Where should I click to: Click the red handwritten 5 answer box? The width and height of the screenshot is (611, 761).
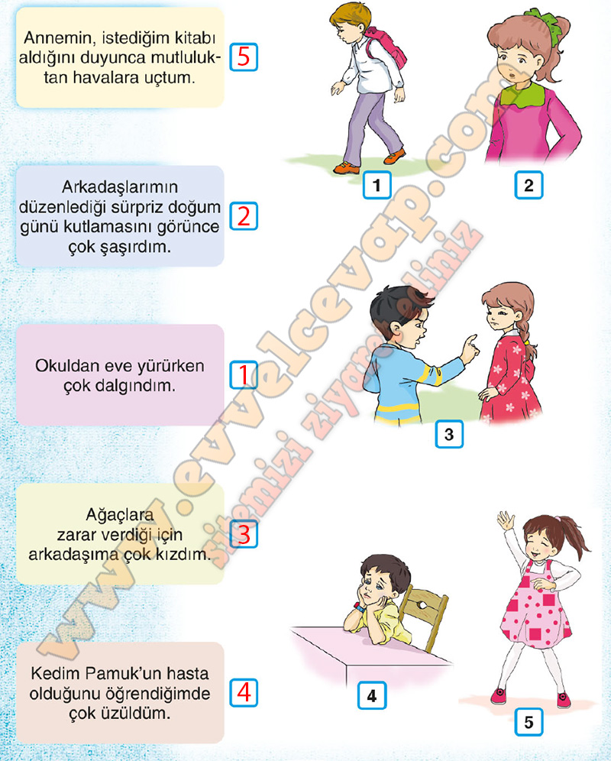tap(243, 57)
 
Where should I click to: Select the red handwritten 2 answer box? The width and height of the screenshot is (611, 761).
tap(243, 215)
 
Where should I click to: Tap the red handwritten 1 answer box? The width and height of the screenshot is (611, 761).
tap(243, 374)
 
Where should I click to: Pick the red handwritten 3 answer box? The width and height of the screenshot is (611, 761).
tap(243, 533)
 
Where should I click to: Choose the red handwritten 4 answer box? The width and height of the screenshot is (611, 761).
tap(243, 692)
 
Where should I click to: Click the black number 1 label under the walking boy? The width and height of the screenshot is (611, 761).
tap(377, 184)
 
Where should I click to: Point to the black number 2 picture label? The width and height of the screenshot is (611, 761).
tap(529, 184)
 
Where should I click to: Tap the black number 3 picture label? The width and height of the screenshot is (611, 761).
tap(449, 433)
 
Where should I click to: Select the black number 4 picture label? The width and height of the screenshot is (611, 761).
tap(372, 695)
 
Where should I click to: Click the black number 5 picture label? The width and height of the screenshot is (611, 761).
tap(529, 722)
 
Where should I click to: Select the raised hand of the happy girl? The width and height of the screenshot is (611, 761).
tap(505, 521)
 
